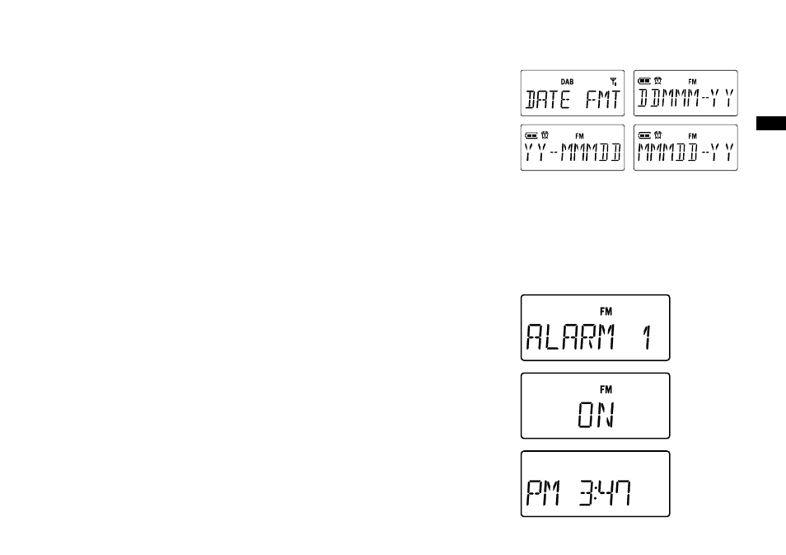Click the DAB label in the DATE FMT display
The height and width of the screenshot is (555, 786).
[567, 82]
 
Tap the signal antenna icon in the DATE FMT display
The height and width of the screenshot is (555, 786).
[613, 82]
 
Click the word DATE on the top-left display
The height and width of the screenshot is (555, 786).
[547, 99]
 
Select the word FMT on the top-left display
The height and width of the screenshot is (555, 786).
[603, 99]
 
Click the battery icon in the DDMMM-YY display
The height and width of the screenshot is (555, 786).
[644, 81]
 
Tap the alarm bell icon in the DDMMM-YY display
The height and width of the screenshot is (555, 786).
[657, 80]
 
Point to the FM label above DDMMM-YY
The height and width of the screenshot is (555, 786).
[692, 82]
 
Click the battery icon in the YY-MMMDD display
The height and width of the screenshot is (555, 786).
[531, 135]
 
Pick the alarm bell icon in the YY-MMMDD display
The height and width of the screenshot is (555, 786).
[545, 135]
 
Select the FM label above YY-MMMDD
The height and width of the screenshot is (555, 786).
[579, 136]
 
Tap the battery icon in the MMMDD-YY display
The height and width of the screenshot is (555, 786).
[644, 135]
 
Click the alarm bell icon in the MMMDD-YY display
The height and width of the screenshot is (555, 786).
[657, 135]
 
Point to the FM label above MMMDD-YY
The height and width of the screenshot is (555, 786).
[692, 136]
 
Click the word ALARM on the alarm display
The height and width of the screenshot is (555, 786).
[570, 336]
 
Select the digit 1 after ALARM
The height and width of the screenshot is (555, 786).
[647, 336]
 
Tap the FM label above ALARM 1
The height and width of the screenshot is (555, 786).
[606, 312]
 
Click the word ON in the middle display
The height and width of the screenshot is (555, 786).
[597, 415]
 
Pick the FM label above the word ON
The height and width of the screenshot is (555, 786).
[606, 389]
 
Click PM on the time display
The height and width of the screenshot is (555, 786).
[543, 493]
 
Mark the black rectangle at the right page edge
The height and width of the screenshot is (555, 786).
[771, 124]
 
